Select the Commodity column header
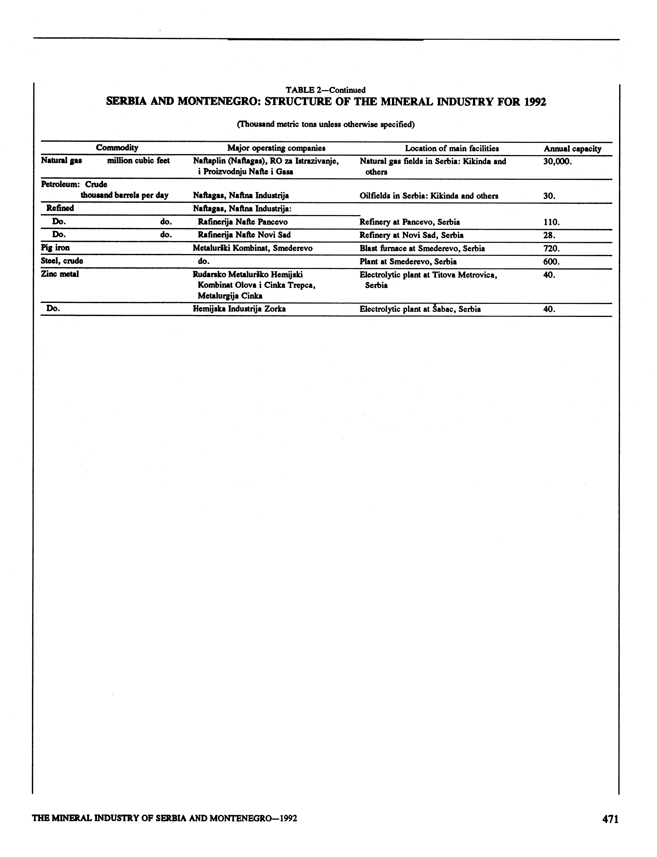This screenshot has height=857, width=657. (x=117, y=147)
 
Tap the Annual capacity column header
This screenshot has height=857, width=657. (x=572, y=149)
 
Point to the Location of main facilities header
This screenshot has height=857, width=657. (x=452, y=148)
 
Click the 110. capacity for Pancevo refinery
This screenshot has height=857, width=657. (x=551, y=222)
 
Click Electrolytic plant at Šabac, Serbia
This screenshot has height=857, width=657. (x=420, y=309)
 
